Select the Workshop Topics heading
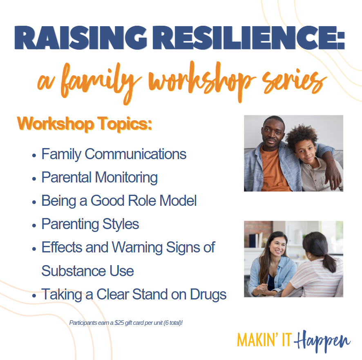click(x=85, y=124)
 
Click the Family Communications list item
click(x=114, y=154)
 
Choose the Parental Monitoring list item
click(x=100, y=178)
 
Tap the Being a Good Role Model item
click(x=119, y=201)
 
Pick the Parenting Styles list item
click(x=90, y=224)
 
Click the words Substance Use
click(x=88, y=271)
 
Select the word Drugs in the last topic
click(x=208, y=295)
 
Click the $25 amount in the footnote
click(x=119, y=323)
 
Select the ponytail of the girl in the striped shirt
click(x=329, y=262)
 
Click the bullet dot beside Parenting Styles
click(x=34, y=225)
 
